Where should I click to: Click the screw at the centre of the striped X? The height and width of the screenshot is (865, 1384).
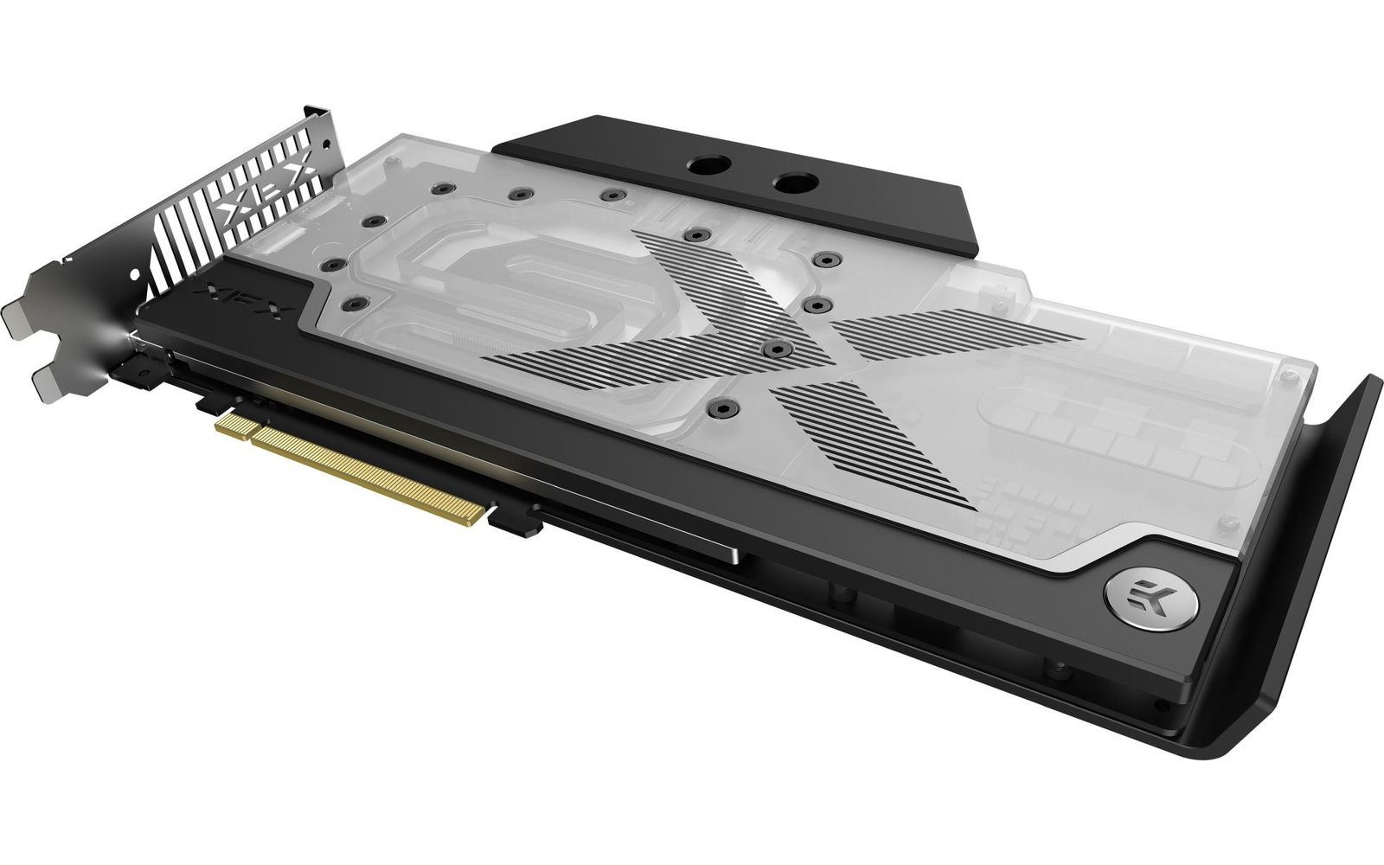point(777,349)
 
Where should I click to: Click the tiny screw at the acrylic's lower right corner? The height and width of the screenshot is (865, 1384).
point(1226,522)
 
